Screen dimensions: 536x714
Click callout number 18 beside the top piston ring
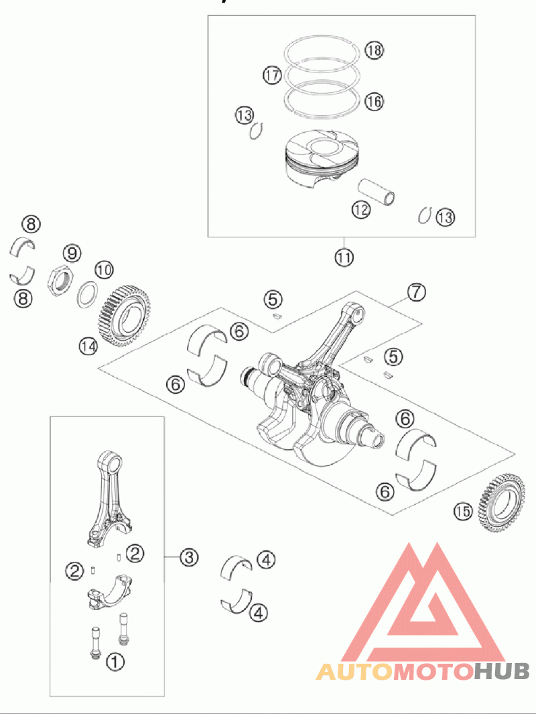coord(374,50)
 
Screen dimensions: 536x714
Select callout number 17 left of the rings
coord(272,74)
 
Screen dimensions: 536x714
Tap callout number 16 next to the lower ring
coord(374,101)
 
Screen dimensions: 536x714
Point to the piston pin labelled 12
coord(376,192)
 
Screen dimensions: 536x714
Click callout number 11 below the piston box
coord(344,257)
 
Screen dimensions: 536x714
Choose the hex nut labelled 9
coord(61,282)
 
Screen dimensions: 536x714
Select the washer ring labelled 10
coord(88,295)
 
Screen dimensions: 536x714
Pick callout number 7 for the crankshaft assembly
coord(416,292)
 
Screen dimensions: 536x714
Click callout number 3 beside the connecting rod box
coord(189,556)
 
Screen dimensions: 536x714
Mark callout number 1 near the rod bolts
coord(115,661)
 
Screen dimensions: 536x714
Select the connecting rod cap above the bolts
coord(109,591)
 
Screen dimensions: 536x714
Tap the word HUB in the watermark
coord(501,670)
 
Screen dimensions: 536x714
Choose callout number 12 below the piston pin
coord(361,210)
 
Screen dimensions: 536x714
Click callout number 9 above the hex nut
coord(72,253)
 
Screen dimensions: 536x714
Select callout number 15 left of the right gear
coord(463,512)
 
